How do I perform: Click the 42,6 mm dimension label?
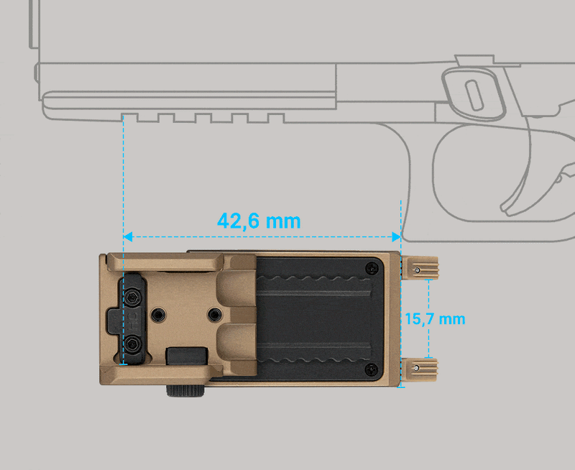[x=259, y=221]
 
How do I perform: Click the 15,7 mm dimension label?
[x=435, y=319]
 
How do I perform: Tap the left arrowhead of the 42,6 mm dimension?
[x=128, y=237]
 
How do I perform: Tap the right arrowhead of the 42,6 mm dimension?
[x=397, y=237]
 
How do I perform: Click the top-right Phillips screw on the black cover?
[x=372, y=268]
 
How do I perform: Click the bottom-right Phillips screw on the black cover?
[x=372, y=369]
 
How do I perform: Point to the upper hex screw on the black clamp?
[x=132, y=297]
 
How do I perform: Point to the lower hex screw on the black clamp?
[x=132, y=344]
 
